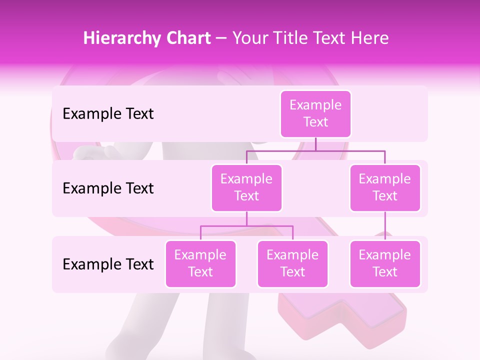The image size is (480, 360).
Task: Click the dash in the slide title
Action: tap(221, 38)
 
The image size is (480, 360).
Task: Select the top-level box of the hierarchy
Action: tap(315, 113)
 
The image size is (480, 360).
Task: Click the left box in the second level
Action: tap(246, 187)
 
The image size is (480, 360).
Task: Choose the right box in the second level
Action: tap(385, 187)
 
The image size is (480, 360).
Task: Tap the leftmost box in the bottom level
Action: tap(200, 263)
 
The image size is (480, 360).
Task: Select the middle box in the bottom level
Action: tap(292, 263)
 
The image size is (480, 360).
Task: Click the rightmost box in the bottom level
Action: tap(385, 263)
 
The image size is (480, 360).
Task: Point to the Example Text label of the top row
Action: tap(108, 113)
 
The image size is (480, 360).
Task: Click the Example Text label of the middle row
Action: tap(108, 188)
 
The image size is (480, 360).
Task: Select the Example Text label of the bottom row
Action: tap(108, 264)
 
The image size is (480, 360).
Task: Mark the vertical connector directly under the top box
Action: tap(315, 144)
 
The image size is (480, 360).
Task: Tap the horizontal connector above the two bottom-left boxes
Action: tap(246, 226)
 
